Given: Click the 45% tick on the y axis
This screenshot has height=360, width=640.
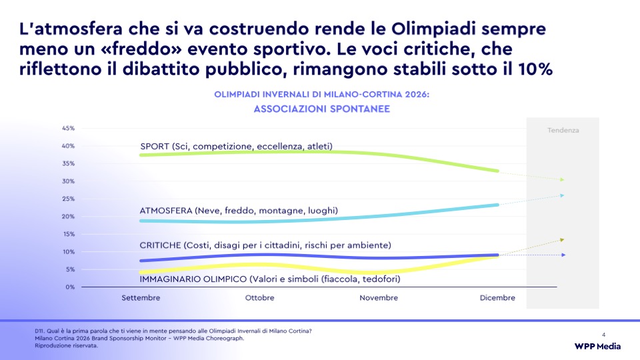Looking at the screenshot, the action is pos(68,128).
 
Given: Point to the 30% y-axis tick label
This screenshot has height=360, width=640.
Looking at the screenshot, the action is pos(68,181).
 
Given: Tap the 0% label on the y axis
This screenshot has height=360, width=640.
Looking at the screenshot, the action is pos(70,287).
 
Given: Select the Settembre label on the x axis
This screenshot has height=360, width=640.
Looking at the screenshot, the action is pos(141,298).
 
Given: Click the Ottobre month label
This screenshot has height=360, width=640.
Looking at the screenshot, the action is pos(259,298).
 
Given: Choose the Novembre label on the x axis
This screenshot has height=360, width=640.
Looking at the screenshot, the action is pos(379,298).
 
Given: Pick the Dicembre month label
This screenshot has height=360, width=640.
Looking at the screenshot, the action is pos(497,298).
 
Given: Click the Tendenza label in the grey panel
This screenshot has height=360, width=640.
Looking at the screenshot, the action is pos(563,130).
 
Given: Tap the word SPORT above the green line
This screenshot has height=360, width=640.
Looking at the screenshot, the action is pos(155,146).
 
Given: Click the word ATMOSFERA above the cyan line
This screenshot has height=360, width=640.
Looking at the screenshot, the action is pos(166,211).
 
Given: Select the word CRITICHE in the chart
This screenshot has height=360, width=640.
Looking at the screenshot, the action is pos(161,245).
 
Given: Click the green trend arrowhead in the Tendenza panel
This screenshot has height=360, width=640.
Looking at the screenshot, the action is pos(562,179).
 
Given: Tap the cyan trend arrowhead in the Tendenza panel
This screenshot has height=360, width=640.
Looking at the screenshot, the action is pos(562,195).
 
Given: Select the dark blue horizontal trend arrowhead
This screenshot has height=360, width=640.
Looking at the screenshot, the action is pos(563,255).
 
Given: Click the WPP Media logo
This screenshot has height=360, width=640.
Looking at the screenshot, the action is pos(597,347).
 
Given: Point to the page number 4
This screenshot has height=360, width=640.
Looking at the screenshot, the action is pos(604,335).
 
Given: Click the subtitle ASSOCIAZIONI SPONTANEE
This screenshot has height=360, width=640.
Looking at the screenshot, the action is pos(321,109).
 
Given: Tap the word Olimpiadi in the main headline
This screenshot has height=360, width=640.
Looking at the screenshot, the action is pos(434,29).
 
